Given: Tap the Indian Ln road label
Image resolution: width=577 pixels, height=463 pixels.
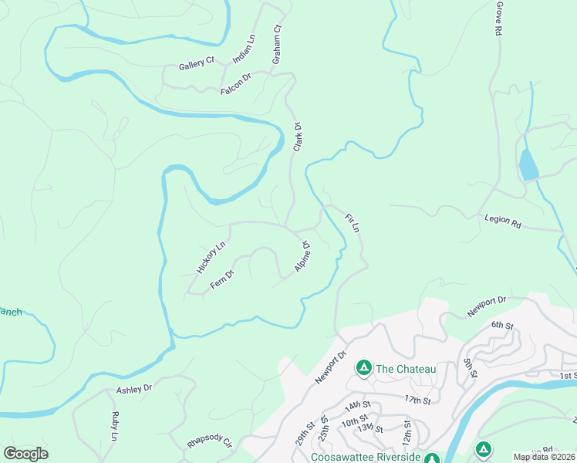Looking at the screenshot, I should coord(243,48).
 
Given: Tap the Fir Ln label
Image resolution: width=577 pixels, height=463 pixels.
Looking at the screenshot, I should coord(352,223).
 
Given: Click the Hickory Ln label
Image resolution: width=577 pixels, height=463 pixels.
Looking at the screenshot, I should coord(210,257).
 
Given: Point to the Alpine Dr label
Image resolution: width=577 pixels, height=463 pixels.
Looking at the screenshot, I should coord(302,257).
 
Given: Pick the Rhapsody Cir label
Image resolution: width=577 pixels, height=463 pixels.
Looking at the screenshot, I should coord(209,444).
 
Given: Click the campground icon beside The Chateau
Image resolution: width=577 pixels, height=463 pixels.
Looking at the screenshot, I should coord(362,367).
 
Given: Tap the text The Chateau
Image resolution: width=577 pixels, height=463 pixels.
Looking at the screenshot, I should coord(406,369).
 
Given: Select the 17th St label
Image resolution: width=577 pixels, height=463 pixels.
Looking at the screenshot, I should coord(417,400).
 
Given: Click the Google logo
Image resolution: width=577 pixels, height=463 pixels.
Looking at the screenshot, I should coord(25,453).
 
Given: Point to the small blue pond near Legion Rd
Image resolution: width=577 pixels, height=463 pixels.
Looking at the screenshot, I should coord(528,165).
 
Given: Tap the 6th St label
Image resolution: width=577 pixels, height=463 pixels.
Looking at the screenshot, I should coord(501,324).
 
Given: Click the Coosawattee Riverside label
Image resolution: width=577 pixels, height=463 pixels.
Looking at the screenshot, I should coord(366,457).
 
